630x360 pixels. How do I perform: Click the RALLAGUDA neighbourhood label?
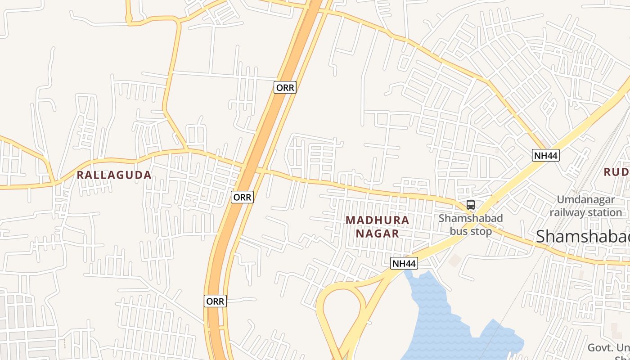click(x=114, y=175)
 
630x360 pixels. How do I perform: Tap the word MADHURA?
click(x=378, y=220)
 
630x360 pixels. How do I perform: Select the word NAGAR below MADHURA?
click(x=378, y=234)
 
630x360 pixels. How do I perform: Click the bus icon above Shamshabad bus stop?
click(x=471, y=205)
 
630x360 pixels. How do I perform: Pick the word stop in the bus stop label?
click(x=481, y=231)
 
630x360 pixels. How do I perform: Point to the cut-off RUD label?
click(x=616, y=172)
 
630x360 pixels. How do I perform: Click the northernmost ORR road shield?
click(x=285, y=87)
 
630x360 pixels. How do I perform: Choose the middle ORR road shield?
click(x=242, y=197)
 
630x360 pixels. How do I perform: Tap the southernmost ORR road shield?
click(x=215, y=301)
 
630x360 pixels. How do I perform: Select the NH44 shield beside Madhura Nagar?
click(x=404, y=263)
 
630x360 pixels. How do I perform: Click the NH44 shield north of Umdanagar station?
click(x=546, y=156)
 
